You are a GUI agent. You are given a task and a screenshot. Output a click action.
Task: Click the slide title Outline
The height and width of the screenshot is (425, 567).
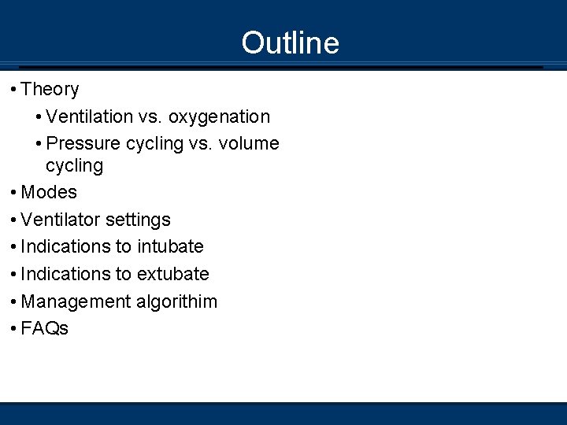290,42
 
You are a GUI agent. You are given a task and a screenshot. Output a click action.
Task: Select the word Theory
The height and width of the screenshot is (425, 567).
50,90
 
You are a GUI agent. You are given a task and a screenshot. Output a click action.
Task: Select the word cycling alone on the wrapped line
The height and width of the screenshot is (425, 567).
74,166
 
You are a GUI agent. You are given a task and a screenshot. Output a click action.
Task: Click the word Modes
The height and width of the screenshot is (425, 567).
49,192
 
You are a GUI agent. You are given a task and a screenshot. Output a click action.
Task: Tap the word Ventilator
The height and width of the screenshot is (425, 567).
60,220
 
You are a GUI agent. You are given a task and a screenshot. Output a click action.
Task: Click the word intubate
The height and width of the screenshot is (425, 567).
170,247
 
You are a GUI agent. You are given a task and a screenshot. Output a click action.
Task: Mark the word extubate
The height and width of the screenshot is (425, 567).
172,274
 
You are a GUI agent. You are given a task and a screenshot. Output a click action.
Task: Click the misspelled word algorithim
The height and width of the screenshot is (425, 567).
176,302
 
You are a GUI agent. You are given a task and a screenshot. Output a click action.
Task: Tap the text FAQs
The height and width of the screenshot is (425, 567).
45,329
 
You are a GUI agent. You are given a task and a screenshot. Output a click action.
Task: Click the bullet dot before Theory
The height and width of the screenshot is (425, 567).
14,90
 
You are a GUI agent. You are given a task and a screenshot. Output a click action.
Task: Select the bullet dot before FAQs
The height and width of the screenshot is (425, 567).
14,329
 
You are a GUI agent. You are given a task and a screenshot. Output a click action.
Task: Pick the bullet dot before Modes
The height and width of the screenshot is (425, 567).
14,192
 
